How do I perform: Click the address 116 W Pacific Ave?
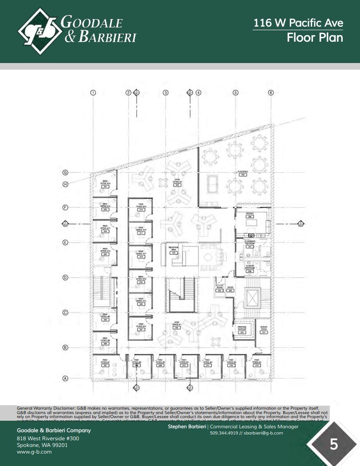(x=298, y=23)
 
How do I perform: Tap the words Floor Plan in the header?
(x=315, y=37)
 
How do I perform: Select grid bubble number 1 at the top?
(x=93, y=93)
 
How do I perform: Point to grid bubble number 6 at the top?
(x=271, y=93)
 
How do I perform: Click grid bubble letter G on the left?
(x=65, y=173)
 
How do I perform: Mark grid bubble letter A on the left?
(x=65, y=379)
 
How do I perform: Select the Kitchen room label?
(x=250, y=215)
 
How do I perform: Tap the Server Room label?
(x=263, y=330)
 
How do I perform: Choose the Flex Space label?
(x=242, y=174)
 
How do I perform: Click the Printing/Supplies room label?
(x=242, y=330)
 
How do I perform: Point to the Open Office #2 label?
(x=177, y=182)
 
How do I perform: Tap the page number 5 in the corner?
(x=334, y=444)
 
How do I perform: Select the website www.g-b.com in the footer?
(x=34, y=452)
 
